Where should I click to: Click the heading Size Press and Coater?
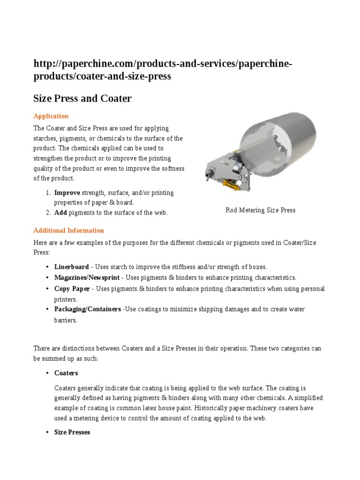click(82, 98)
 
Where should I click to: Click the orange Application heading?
click(51, 116)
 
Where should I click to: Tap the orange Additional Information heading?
click(68, 231)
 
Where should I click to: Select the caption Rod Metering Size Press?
click(260, 210)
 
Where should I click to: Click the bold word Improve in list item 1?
click(67, 193)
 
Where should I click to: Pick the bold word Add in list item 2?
click(60, 213)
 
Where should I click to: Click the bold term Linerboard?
click(71, 267)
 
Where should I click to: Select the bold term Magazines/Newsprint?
click(87, 277)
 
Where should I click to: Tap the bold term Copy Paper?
click(72, 288)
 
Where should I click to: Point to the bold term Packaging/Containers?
click(87, 309)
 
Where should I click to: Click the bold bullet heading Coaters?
click(66, 373)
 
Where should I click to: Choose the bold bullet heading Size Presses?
click(72, 432)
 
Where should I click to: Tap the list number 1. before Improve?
click(48, 193)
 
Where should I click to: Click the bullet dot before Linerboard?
click(47, 267)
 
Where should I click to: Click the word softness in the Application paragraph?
click(172, 168)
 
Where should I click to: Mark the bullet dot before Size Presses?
click(47, 432)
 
